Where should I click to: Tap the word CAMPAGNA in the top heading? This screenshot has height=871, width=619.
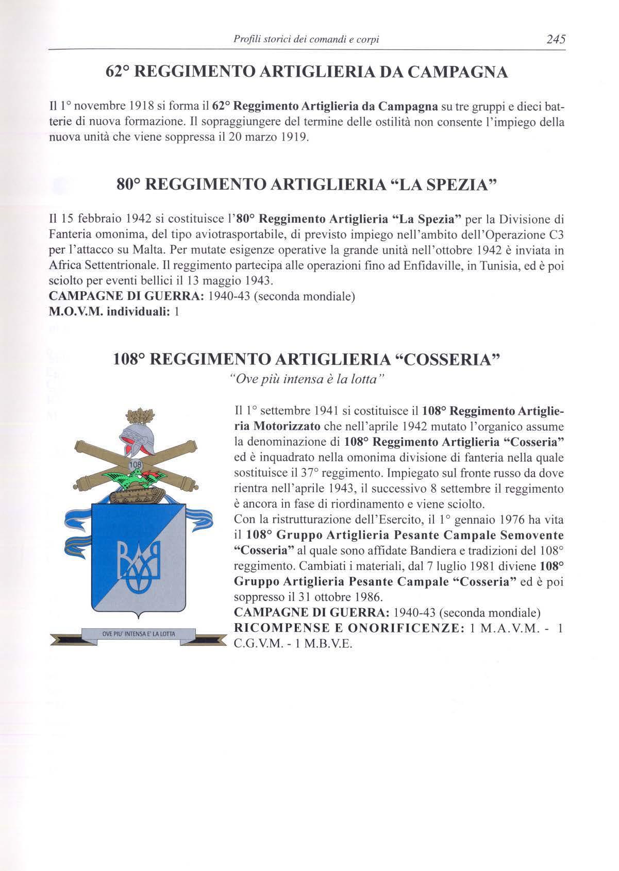(455, 73)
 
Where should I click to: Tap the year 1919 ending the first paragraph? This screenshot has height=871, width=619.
(295, 138)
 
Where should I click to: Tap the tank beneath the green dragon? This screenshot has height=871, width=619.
(138, 495)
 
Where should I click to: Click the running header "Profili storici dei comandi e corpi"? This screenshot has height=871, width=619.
(307, 39)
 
